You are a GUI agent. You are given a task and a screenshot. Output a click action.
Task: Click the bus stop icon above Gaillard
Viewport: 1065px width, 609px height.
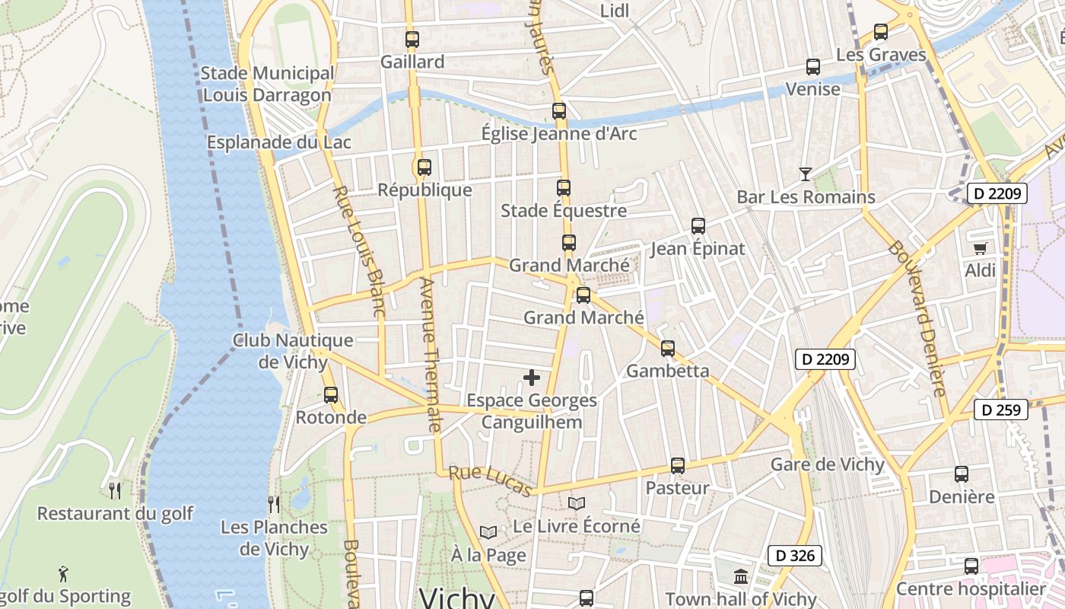click(x=412, y=40)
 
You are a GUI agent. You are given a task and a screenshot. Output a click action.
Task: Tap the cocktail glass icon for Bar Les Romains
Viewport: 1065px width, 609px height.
click(x=805, y=174)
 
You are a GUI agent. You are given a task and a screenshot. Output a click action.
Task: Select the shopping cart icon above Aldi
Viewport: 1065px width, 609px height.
click(x=980, y=248)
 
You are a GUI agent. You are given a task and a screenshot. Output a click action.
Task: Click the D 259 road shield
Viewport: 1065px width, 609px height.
click(x=1000, y=410)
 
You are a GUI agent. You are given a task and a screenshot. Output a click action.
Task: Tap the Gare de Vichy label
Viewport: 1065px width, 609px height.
click(x=827, y=464)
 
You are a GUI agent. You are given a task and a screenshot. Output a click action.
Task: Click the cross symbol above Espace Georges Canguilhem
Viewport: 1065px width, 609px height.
click(x=532, y=378)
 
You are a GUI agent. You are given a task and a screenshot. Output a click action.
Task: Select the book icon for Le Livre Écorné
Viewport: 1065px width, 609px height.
click(x=577, y=504)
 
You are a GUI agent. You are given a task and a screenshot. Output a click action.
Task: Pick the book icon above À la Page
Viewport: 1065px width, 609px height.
click(x=488, y=532)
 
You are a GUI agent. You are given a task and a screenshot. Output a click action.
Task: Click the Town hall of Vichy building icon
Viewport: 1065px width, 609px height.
click(x=741, y=576)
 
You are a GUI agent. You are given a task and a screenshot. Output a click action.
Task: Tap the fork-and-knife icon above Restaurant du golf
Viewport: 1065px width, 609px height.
click(x=115, y=490)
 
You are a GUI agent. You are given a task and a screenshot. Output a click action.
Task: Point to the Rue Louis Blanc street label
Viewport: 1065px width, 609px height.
click(x=359, y=251)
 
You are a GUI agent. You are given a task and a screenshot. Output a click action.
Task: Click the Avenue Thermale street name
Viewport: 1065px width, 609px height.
click(x=429, y=354)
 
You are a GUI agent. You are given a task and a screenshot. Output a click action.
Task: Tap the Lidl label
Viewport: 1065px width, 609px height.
click(x=615, y=11)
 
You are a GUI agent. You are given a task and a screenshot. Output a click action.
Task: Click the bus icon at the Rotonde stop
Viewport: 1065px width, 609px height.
click(x=330, y=395)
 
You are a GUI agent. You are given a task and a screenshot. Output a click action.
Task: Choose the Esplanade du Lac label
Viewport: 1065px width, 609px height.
click(x=278, y=142)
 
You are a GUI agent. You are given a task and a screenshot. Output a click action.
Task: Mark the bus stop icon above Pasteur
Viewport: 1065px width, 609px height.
click(x=677, y=466)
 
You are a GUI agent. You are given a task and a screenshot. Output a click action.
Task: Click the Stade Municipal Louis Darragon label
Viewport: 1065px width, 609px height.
click(x=267, y=84)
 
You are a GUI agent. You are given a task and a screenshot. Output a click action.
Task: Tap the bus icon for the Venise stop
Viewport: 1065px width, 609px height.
click(x=812, y=67)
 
